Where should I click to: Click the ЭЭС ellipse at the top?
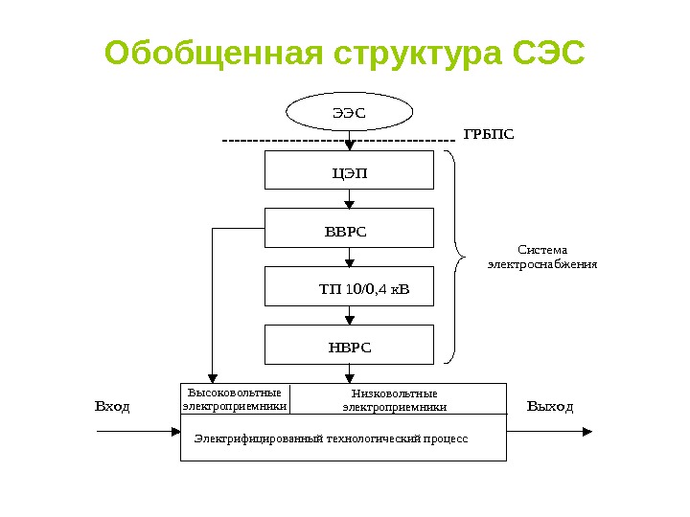[350, 112]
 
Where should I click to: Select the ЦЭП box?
[350, 172]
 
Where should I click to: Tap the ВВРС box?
[350, 230]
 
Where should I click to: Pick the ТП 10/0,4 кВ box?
[350, 286]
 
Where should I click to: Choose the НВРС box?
[350, 345]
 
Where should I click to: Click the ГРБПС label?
[489, 133]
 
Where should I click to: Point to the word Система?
[542, 250]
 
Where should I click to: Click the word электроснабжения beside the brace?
[542, 264]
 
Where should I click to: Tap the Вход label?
[112, 407]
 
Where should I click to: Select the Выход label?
[550, 407]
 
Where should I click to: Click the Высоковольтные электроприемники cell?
[235, 399]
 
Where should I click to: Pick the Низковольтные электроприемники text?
[395, 400]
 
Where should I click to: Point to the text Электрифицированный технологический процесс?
[332, 438]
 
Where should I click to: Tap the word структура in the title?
[417, 55]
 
